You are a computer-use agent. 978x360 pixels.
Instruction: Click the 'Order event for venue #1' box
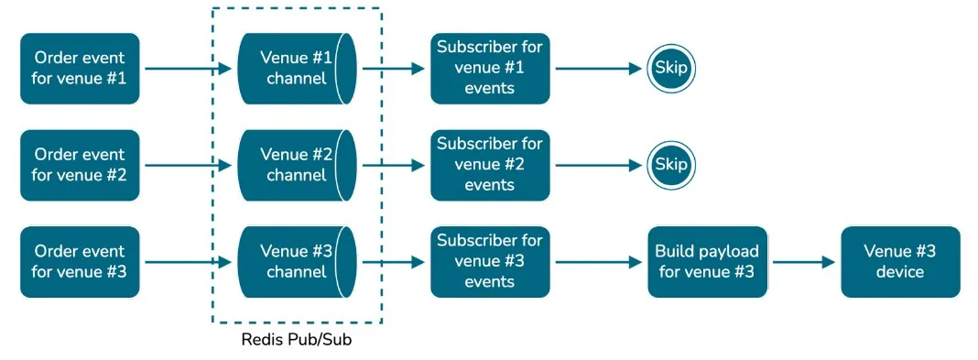click(80, 68)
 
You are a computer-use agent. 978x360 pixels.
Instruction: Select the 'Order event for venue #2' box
click(80, 165)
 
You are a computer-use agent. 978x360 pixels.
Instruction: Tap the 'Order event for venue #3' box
click(80, 261)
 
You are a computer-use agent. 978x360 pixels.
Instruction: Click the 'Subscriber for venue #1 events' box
click(490, 68)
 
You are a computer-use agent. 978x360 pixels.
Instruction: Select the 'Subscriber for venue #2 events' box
click(490, 165)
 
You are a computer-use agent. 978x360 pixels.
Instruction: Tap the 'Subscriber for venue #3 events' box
click(490, 261)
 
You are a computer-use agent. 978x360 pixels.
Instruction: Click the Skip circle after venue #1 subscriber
click(672, 68)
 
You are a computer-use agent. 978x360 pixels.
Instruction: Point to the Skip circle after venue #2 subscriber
click(672, 165)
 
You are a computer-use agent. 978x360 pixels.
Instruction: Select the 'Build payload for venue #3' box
click(706, 261)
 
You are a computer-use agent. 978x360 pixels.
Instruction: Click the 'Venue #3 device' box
click(900, 261)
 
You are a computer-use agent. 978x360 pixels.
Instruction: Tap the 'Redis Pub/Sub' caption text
click(296, 340)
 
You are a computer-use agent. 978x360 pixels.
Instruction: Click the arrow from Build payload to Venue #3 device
click(804, 262)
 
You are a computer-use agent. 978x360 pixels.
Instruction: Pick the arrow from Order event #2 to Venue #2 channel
click(188, 166)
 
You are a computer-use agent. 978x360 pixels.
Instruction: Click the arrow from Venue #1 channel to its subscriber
click(394, 69)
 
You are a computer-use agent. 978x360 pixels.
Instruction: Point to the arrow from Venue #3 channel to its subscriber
click(394, 262)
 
